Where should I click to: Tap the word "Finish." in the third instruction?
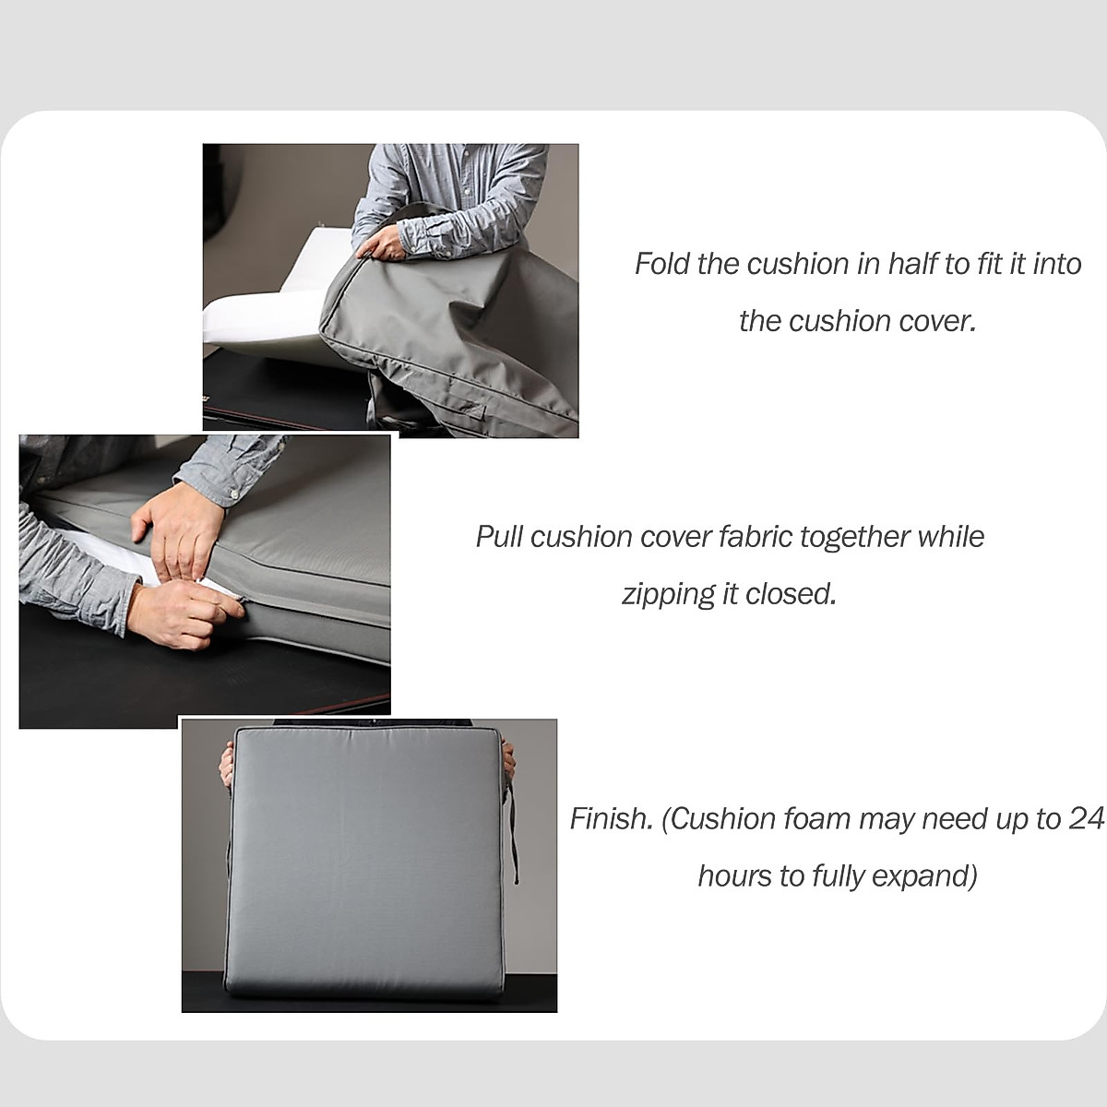(x=611, y=819)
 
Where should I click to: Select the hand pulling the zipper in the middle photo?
(x=189, y=609)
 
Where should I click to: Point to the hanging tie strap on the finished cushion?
(x=513, y=830)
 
